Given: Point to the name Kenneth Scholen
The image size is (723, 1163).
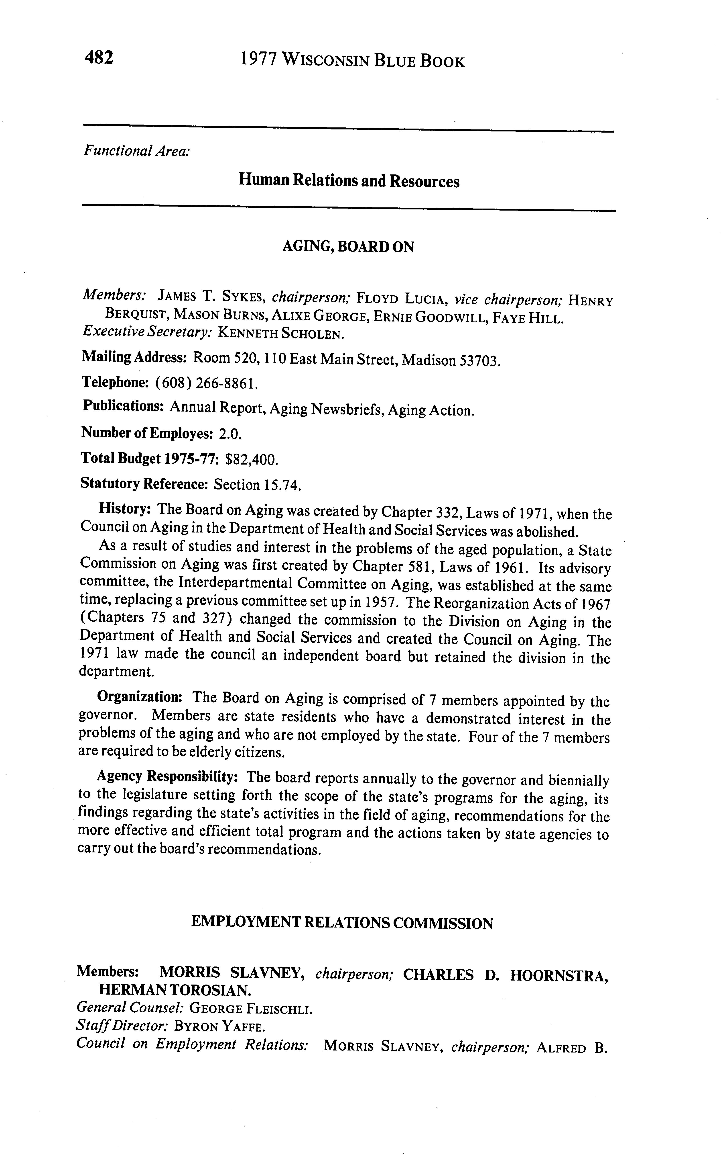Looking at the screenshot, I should point(281,334).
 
